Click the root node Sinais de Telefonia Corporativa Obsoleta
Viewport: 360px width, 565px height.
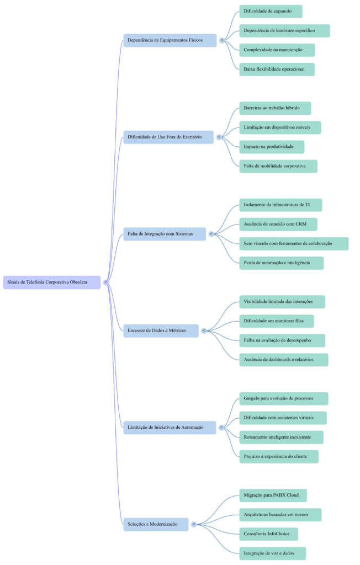click(52, 282)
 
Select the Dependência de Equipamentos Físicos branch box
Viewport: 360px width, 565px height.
click(170, 40)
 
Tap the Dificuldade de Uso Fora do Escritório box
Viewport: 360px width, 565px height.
click(168, 137)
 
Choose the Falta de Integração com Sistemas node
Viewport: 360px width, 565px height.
click(164, 234)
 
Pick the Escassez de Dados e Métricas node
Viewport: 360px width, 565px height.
click(161, 331)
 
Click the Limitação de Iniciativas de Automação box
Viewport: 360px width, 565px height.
click(170, 427)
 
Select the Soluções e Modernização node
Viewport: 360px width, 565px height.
click(156, 524)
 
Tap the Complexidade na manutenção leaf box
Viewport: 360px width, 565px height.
click(277, 50)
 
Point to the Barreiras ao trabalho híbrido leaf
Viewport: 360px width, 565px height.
click(275, 108)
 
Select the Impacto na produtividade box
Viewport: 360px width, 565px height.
click(272, 147)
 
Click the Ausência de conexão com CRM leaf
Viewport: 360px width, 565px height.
click(278, 225)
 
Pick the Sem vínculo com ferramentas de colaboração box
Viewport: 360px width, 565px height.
click(294, 244)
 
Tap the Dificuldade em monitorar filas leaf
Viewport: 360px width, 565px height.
click(276, 321)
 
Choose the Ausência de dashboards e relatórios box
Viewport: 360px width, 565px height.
click(284, 360)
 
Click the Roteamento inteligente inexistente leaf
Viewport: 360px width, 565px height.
click(281, 438)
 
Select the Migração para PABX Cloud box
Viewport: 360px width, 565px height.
click(273, 495)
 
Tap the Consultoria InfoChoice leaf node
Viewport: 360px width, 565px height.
click(268, 534)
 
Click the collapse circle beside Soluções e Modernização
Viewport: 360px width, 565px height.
click(194, 524)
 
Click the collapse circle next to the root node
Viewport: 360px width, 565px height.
click(105, 282)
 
